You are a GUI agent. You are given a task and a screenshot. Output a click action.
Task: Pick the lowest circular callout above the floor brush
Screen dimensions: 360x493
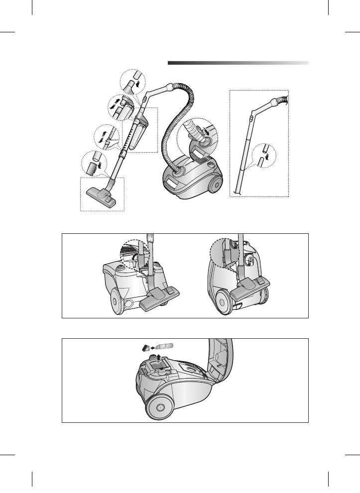click(x=93, y=163)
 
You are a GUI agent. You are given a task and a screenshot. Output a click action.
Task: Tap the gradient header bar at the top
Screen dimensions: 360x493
click(x=238, y=63)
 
